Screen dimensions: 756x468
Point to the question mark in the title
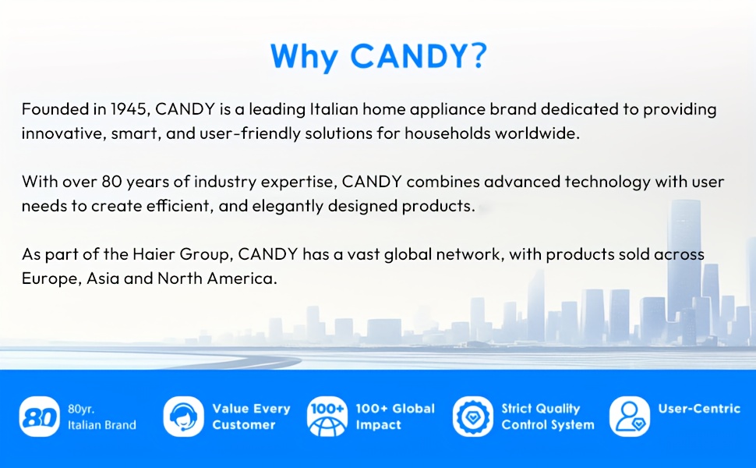tap(477, 55)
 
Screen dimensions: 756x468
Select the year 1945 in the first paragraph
tap(129, 109)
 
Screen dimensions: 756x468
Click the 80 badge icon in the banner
tap(40, 417)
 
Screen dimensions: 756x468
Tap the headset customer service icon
tap(184, 417)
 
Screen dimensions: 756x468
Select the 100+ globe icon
tap(327, 417)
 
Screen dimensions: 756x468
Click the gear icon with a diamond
tap(473, 417)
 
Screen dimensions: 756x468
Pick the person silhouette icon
tap(630, 417)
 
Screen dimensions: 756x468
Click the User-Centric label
tap(699, 409)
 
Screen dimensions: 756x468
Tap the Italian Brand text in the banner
tap(102, 425)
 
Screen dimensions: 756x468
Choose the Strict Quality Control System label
tap(548, 417)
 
